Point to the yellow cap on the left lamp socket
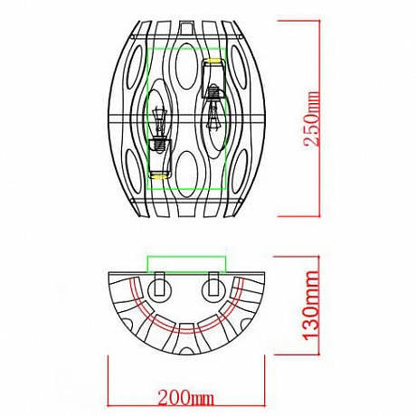159,171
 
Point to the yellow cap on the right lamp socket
214,61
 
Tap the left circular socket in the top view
160,290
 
